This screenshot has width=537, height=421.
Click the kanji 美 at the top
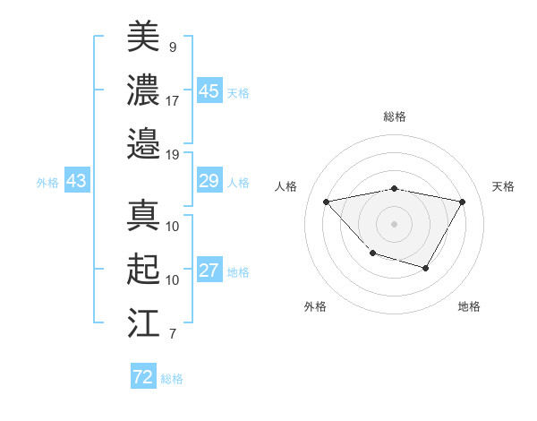click(x=143, y=37)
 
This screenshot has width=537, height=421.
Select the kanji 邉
click(x=143, y=143)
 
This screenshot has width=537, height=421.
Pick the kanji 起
click(x=143, y=271)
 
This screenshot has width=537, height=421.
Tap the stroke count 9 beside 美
click(x=172, y=46)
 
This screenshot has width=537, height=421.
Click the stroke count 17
click(x=173, y=99)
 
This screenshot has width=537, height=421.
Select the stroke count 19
click(x=173, y=154)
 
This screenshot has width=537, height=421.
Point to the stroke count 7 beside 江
click(x=172, y=335)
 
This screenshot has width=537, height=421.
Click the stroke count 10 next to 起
click(x=173, y=280)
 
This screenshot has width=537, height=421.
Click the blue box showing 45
click(x=209, y=90)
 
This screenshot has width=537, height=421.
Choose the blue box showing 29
click(x=209, y=182)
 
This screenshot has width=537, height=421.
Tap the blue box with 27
click(x=209, y=271)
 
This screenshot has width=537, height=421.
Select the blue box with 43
click(x=76, y=182)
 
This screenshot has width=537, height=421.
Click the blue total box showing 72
click(x=142, y=377)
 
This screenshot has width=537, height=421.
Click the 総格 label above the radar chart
click(x=394, y=116)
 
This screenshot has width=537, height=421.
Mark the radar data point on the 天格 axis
click(x=462, y=202)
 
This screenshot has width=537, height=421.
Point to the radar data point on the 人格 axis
click(x=326, y=202)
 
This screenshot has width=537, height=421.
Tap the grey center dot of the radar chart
click(x=394, y=223)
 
